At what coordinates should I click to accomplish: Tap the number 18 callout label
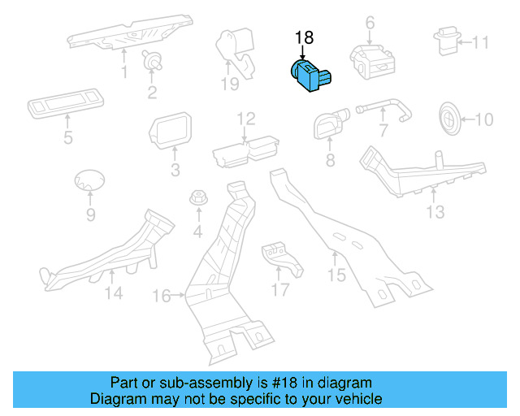tap(303, 37)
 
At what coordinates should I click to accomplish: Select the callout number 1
tap(124, 73)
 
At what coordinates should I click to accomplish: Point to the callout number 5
tap(67, 137)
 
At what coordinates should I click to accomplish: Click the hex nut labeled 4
tap(197, 198)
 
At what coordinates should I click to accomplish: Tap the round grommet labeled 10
tap(449, 118)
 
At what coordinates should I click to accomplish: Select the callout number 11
tap(481, 42)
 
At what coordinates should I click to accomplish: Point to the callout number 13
tap(435, 212)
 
